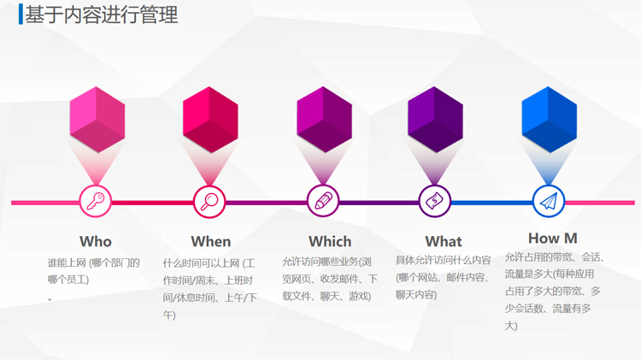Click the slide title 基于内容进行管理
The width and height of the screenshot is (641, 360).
pos(102,15)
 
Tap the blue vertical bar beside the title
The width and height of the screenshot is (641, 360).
pos(21,15)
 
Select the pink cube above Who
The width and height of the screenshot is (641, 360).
pos(97,120)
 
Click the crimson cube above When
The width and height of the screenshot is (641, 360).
pos(210,120)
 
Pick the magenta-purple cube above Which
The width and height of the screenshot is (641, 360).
pos(324,120)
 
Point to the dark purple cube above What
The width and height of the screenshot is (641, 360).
pos(435,120)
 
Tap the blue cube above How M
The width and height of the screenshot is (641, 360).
pos(549,120)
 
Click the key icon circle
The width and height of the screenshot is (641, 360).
pos(95,201)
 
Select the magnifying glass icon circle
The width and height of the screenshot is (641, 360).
pos(209,201)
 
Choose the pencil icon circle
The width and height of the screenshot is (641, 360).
pos(323,201)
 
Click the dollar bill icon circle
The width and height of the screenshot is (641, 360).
pos(434,201)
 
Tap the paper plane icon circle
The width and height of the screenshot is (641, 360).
pos(549,201)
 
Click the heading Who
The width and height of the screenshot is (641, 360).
pos(96,241)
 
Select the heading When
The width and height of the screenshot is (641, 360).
pos(211,241)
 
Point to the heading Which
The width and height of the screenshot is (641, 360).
pos(330,241)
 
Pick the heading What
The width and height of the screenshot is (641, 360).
pos(444,241)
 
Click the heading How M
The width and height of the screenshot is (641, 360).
pos(553,238)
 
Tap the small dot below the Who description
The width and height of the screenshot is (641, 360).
pos(50,299)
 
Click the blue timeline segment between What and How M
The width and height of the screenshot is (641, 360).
pos(491,203)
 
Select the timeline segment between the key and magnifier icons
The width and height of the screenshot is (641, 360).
pos(152,203)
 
